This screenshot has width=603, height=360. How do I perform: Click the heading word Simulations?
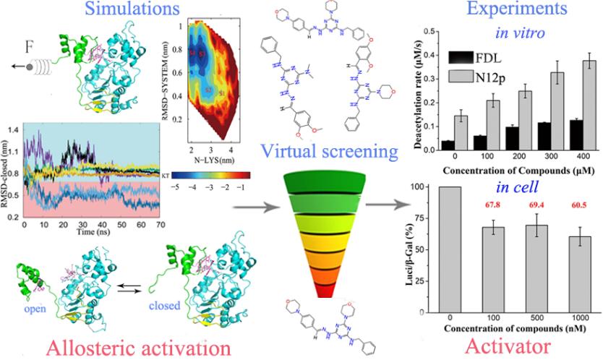(114, 10)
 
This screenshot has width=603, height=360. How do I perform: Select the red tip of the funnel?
(339, 293)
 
